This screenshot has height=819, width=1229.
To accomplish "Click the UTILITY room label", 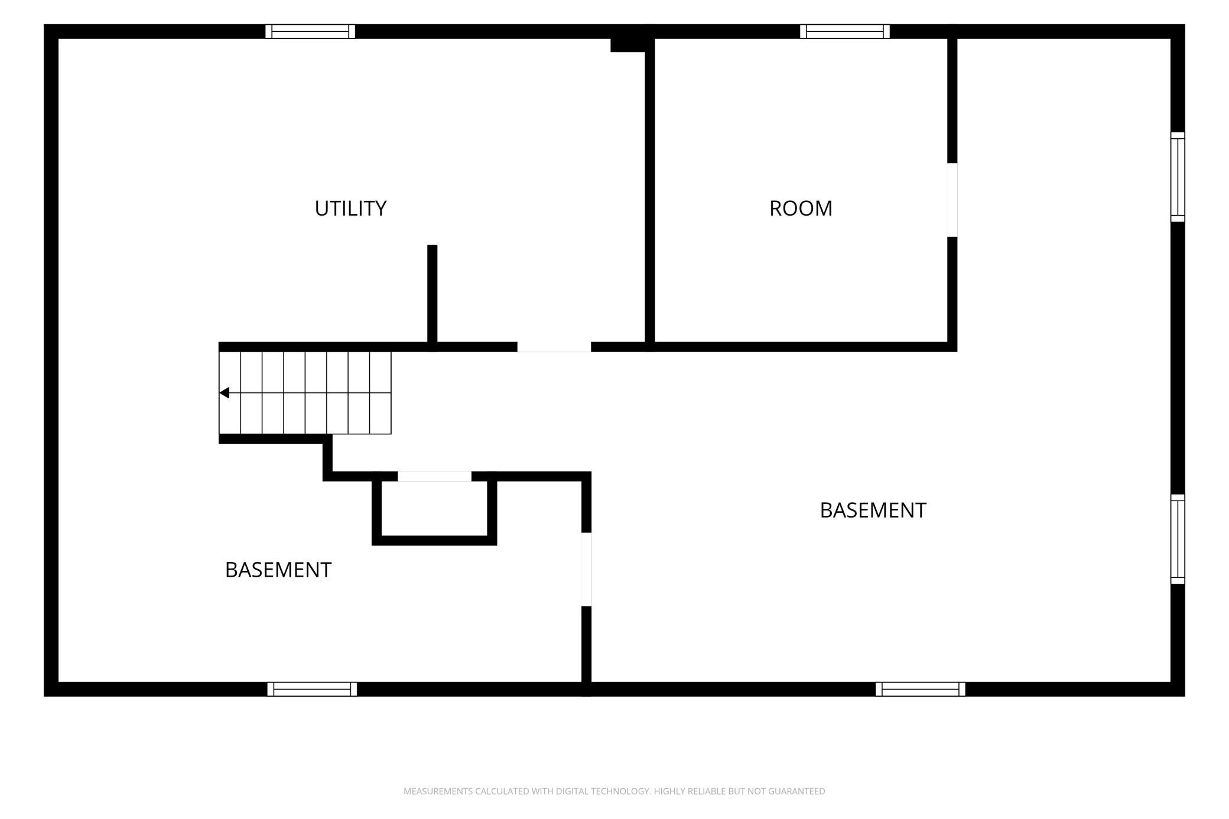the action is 350,209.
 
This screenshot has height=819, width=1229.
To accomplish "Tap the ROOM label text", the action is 801,209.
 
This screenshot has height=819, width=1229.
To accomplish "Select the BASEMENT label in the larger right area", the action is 873,511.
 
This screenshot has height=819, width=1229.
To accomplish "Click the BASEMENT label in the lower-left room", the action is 278,570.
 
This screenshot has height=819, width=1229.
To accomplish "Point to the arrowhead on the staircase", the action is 224,393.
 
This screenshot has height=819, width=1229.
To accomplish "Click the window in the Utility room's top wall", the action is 310,31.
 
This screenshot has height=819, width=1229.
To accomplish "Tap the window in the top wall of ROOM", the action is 845,31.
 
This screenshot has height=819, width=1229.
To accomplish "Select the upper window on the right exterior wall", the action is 1178,177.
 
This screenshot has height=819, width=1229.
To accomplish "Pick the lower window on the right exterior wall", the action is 1178,539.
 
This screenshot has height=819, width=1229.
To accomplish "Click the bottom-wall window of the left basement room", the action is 312,689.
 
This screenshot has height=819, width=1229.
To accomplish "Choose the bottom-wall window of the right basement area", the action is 921,689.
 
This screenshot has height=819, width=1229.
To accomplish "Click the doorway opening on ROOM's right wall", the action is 952,200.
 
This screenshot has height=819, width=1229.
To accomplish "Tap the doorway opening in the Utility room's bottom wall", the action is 554,347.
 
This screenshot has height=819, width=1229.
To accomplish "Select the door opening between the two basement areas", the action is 587,570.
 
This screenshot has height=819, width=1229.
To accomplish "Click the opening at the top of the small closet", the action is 434,476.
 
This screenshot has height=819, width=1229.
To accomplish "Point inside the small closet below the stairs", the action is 434,508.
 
